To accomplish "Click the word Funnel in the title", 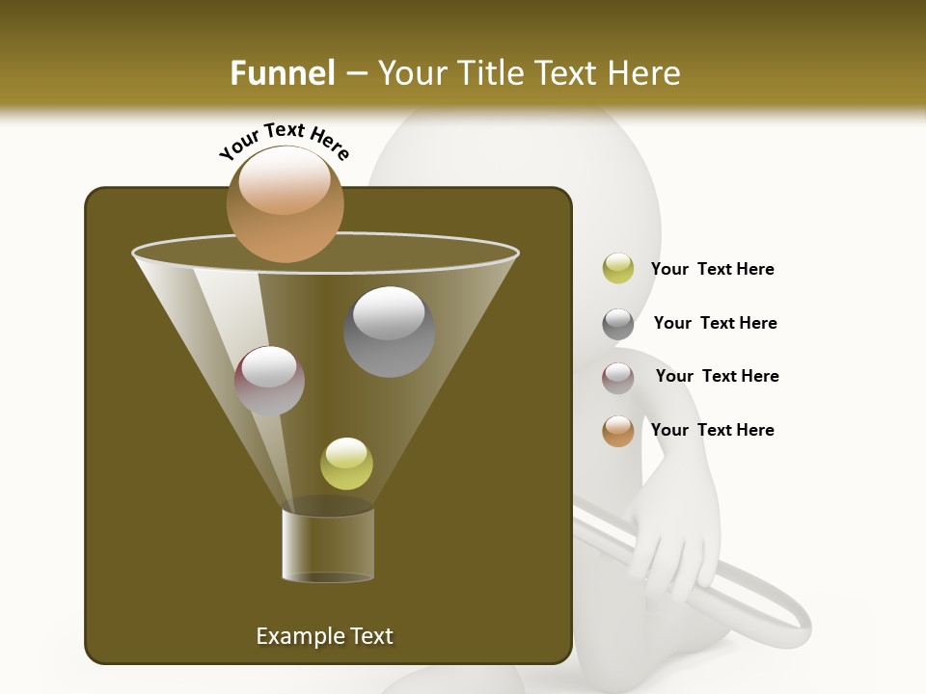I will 283,73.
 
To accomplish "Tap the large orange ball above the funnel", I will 286,203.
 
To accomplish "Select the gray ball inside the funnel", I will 389,332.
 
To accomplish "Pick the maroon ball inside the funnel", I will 269,381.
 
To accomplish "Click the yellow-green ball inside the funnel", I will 346,464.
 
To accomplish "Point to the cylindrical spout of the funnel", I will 328,545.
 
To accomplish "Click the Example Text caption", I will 324,636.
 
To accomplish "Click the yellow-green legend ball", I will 618,269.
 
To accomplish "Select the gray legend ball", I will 618,324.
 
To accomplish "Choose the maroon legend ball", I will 618,378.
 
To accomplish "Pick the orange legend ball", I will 618,431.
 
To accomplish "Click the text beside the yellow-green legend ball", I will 712,269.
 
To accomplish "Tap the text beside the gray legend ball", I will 715,323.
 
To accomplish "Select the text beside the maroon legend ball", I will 717,376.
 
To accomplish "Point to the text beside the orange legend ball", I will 712,430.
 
